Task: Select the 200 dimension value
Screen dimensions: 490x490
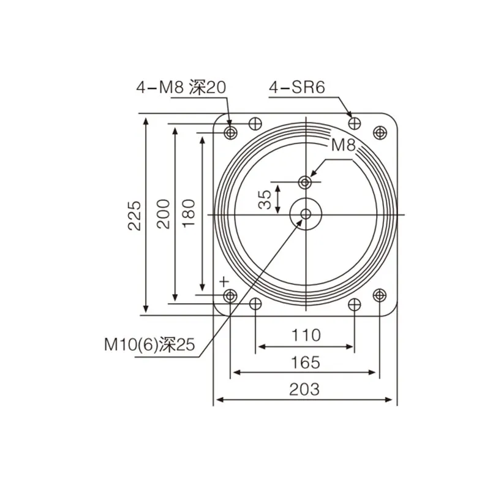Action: [164, 214]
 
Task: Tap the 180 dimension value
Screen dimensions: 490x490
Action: [189, 213]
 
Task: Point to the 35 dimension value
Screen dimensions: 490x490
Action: [265, 199]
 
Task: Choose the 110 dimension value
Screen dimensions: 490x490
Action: [306, 335]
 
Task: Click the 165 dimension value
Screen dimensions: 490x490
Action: [306, 362]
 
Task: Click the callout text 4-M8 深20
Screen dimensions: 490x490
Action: [181, 88]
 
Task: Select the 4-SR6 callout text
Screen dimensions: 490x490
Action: [296, 88]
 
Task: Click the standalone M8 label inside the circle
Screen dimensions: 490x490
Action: [343, 145]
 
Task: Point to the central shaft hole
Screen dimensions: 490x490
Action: [306, 214]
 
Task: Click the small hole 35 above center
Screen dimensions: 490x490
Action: [306, 182]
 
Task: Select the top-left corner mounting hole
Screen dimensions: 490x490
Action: [231, 132]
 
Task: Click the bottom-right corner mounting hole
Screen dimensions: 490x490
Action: [380, 296]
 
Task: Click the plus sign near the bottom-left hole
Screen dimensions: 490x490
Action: [224, 281]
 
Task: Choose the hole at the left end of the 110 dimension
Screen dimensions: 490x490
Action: [255, 304]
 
